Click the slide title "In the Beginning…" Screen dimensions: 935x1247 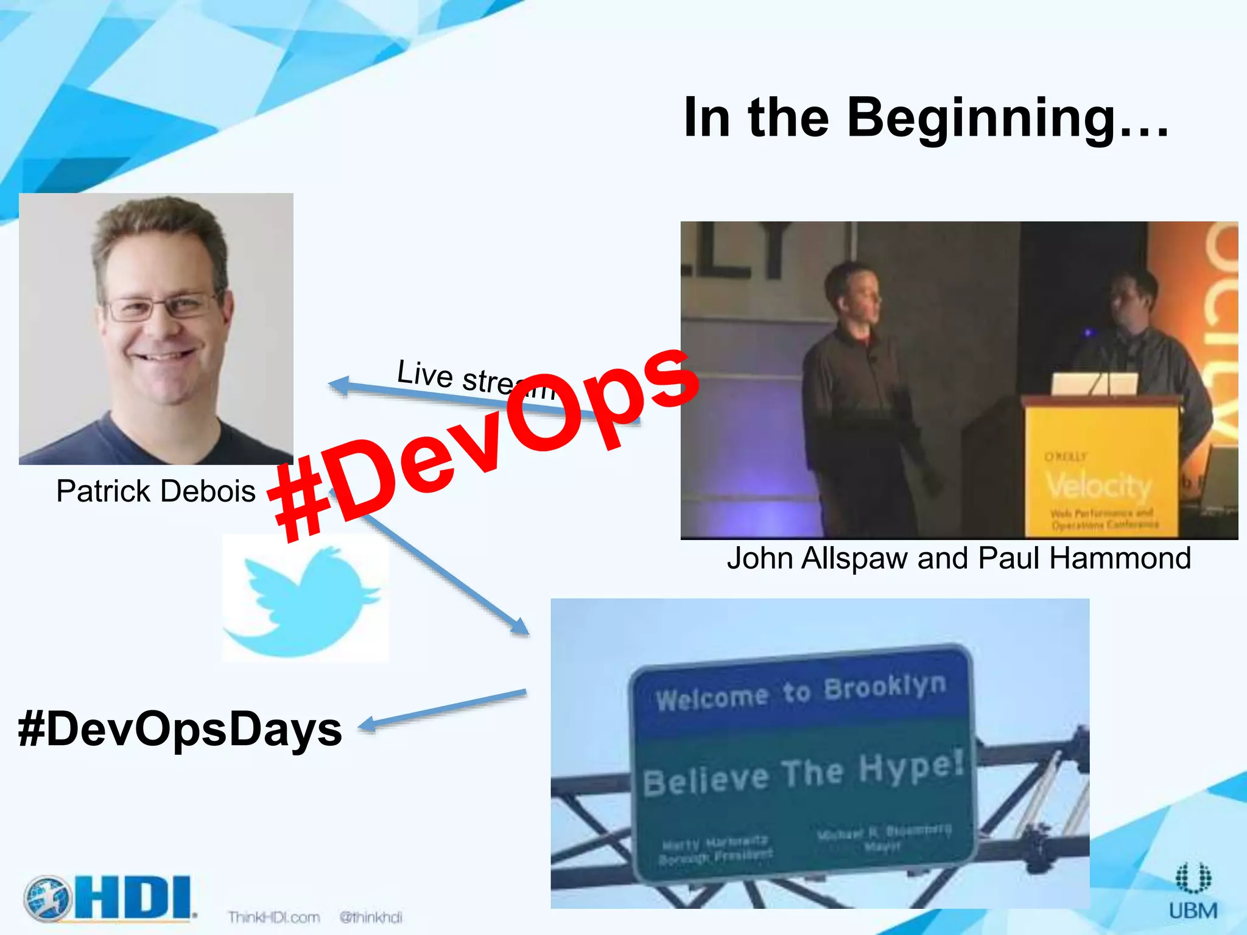point(926,117)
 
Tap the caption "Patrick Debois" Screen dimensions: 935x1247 point(156,491)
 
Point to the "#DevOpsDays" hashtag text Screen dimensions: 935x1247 point(180,729)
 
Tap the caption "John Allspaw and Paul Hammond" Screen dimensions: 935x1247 point(958,558)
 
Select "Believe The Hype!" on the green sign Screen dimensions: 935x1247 point(804,773)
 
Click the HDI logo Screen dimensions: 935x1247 point(110,898)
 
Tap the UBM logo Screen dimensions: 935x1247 point(1193,892)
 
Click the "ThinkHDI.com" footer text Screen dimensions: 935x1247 point(274,917)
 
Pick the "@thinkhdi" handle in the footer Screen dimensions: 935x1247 point(371,917)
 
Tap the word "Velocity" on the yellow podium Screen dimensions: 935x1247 point(1099,486)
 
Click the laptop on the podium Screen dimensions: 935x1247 point(1094,384)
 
